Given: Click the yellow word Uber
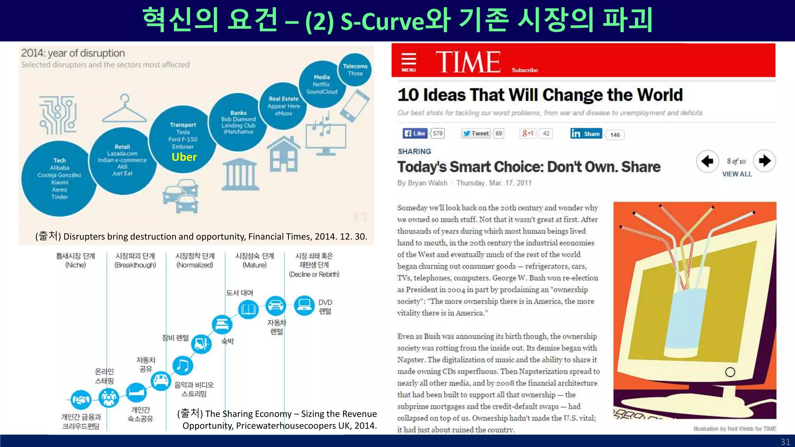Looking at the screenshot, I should [x=184, y=157].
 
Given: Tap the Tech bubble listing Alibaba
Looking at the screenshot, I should [x=59, y=178].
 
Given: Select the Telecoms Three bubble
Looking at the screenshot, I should [x=355, y=69].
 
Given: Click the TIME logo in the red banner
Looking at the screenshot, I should [x=468, y=62].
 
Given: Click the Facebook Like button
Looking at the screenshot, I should [x=415, y=133].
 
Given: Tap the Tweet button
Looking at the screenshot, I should [x=476, y=133].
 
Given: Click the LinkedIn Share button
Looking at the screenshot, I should [x=586, y=134].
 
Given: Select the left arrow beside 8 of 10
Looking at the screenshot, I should [x=707, y=161].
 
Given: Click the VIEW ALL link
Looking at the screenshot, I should [x=737, y=174].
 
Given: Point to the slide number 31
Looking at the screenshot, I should [x=785, y=442].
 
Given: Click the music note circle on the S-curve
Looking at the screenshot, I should [x=182, y=366].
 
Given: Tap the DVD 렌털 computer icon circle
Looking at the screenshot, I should [x=304, y=305].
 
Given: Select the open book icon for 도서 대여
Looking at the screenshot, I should [x=248, y=309].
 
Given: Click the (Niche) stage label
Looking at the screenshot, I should [x=75, y=265].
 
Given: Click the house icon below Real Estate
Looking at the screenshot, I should [x=284, y=154].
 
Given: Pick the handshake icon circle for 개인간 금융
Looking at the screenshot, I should [x=81, y=400].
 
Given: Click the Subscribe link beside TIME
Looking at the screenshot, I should [x=524, y=70].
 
